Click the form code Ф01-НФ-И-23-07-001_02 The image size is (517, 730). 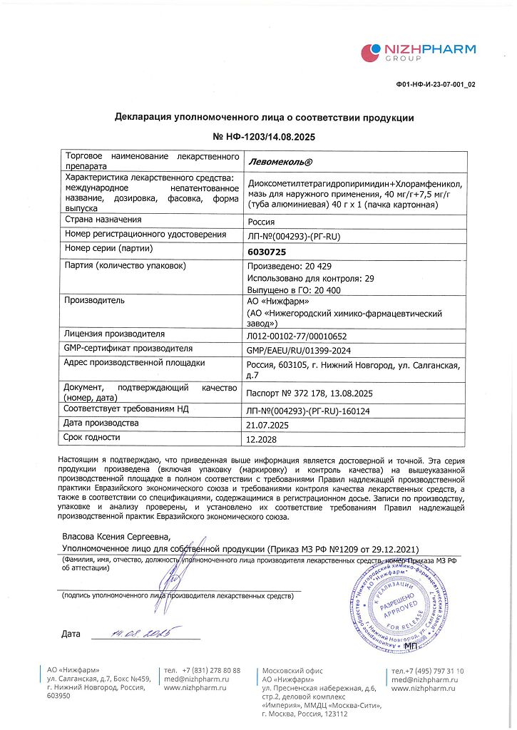(435, 84)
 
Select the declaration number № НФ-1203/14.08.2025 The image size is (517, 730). (264, 135)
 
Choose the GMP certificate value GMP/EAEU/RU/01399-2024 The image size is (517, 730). (299, 350)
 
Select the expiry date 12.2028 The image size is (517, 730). (261, 439)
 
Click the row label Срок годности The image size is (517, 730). (92, 437)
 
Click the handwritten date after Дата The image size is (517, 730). (142, 632)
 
